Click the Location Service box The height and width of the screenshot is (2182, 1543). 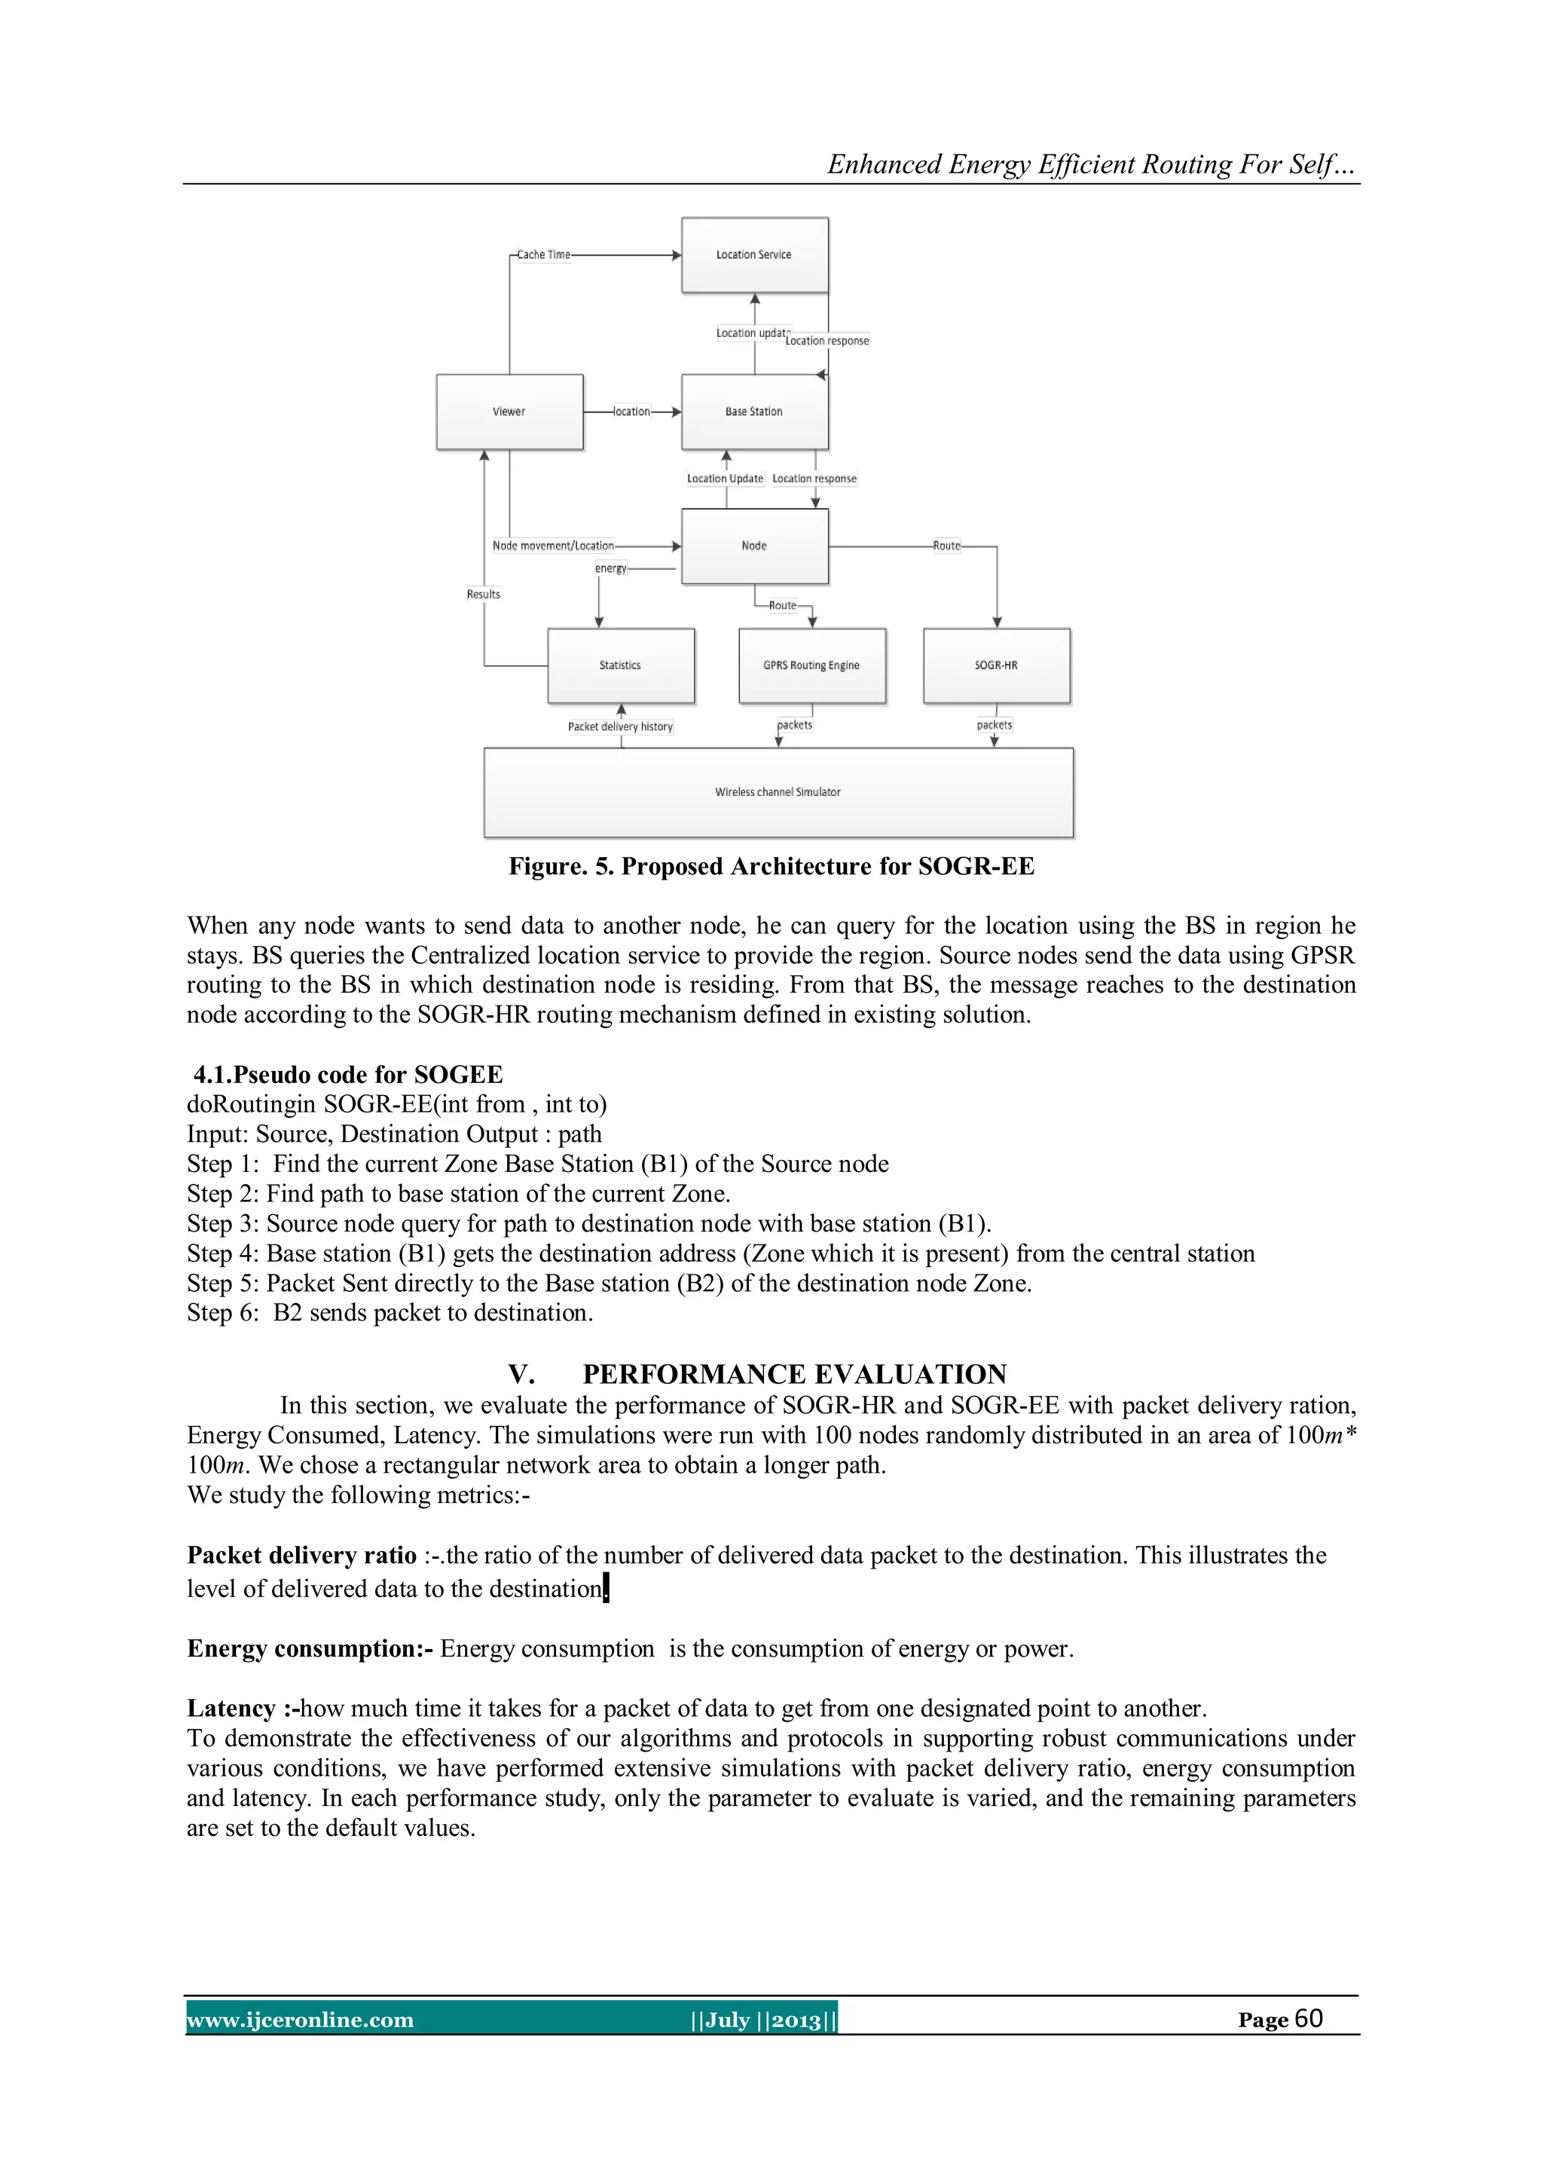754,255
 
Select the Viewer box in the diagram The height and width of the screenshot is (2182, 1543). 509,412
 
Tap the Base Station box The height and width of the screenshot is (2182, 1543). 754,412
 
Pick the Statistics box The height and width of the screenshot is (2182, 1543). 620,666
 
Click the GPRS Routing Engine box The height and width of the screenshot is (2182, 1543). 811,666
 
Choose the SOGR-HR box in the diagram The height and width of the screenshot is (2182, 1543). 996,666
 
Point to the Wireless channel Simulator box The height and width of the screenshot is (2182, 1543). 778,791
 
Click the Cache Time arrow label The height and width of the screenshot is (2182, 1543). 543,255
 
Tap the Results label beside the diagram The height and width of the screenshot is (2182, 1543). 483,594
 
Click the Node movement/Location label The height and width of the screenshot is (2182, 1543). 553,546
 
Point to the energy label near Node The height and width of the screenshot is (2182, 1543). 611,568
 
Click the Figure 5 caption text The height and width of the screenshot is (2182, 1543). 771,867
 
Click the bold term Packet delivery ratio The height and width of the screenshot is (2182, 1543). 301,1555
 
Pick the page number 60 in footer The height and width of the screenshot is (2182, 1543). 1309,2018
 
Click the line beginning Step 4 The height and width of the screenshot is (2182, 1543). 720,1253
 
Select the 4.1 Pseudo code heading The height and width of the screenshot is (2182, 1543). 348,1075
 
